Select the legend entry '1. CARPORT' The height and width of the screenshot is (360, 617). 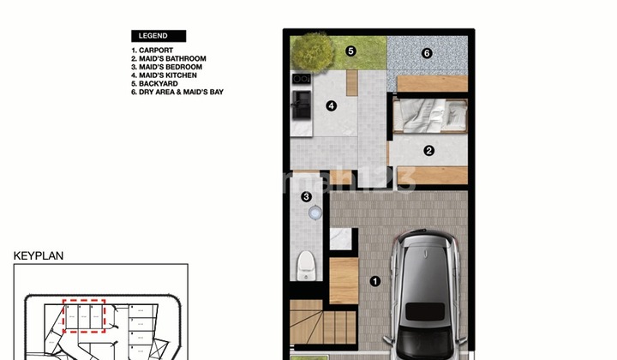click(x=153, y=51)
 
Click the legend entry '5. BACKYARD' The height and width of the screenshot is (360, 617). click(x=155, y=83)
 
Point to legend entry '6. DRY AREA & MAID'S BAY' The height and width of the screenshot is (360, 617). click(x=177, y=92)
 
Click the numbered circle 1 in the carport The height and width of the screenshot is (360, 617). click(x=374, y=280)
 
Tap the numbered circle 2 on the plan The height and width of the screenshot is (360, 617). click(x=428, y=151)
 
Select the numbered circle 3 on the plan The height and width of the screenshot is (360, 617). click(x=307, y=197)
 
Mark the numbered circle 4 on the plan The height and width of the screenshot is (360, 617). click(x=331, y=106)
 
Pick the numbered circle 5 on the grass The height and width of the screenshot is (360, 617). click(x=350, y=51)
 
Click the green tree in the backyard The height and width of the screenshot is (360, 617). click(x=311, y=51)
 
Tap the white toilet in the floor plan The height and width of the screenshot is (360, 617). click(x=305, y=265)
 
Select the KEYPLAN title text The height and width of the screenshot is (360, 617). click(x=39, y=255)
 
